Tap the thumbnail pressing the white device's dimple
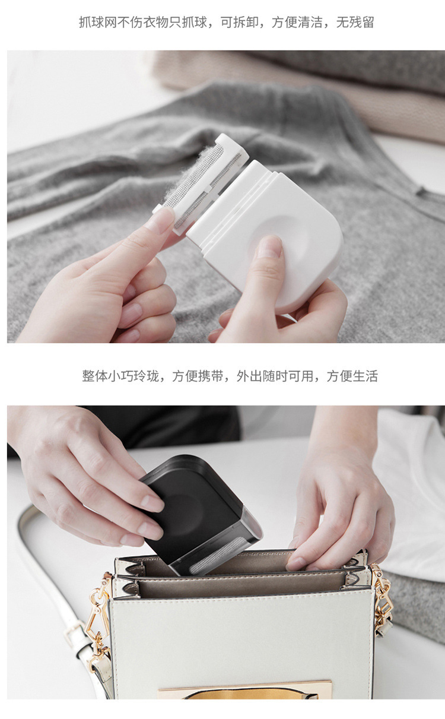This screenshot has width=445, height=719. (269, 246)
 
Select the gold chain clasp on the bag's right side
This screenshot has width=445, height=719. (383, 600)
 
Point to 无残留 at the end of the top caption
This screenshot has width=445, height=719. (355, 23)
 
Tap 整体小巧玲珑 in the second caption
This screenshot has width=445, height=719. (120, 376)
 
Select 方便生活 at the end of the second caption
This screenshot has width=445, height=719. (352, 376)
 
